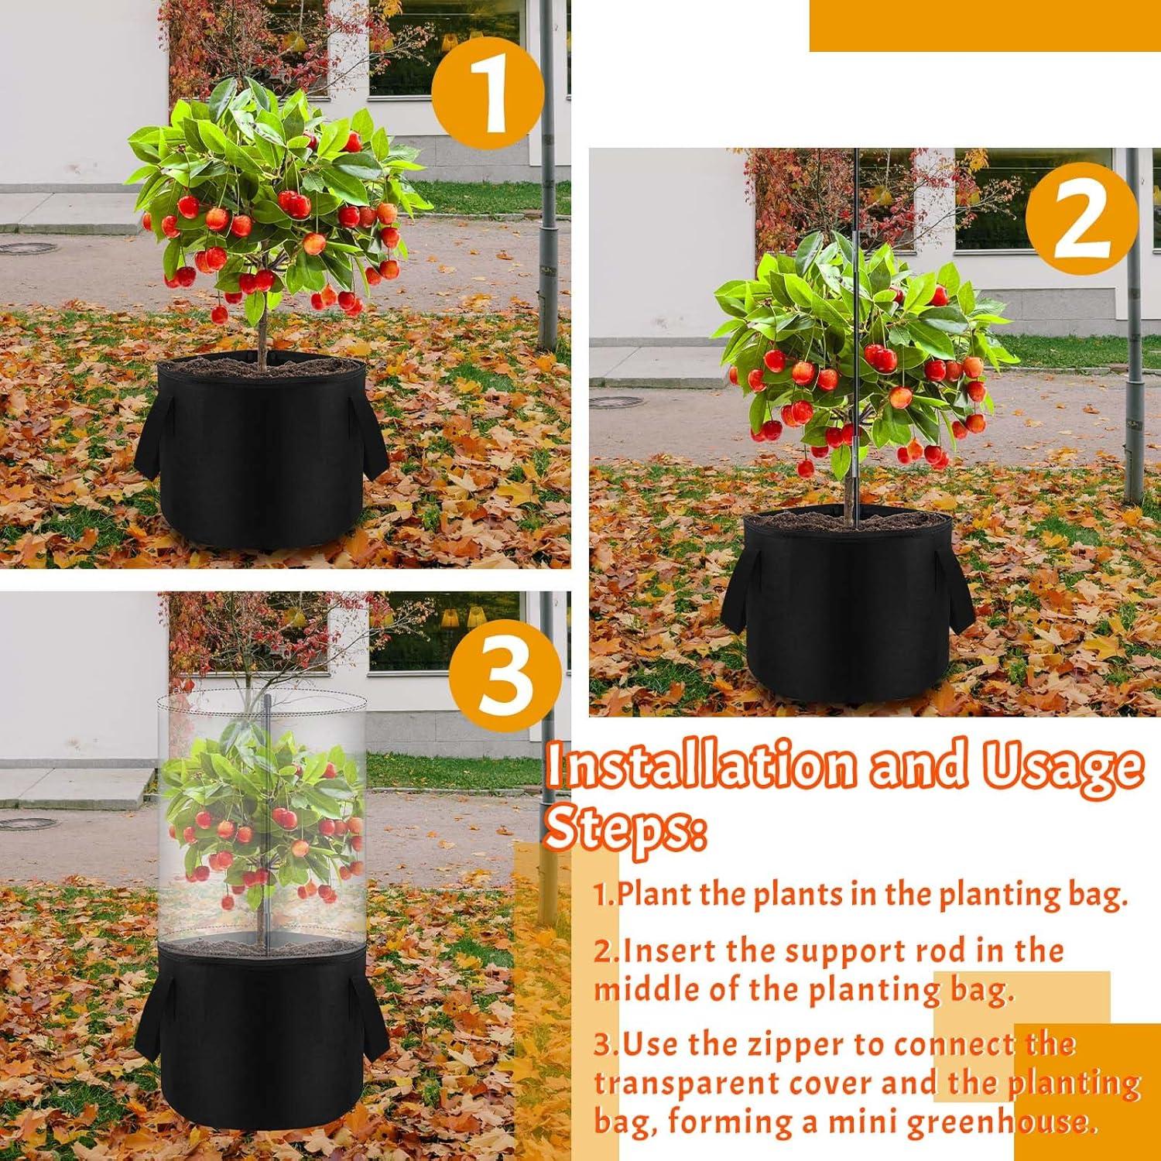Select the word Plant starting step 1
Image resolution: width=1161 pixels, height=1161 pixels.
click(653, 895)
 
